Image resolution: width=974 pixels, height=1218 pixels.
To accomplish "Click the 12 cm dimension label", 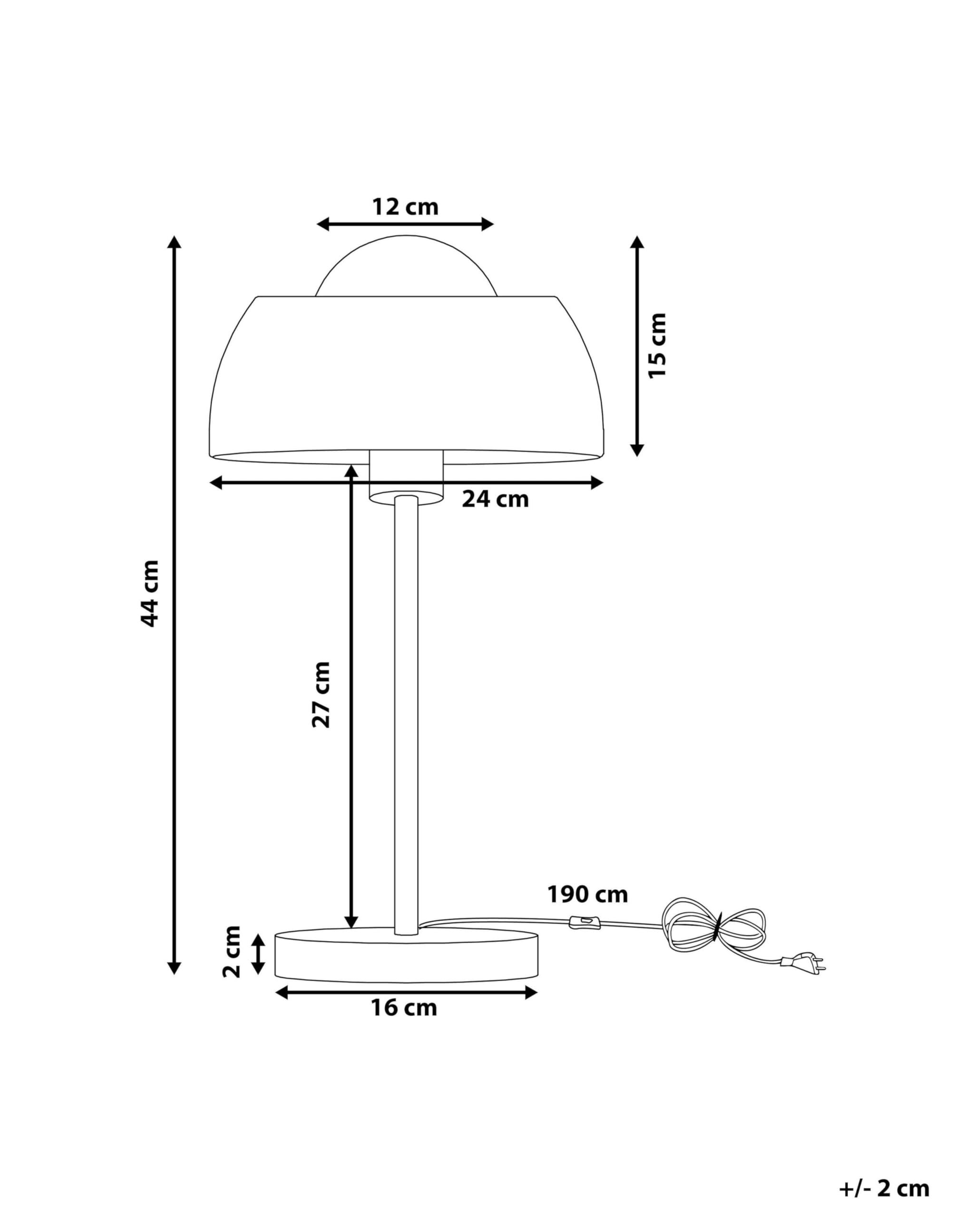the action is click(x=405, y=207).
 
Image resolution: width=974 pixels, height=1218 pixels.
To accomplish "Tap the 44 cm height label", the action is click(x=150, y=594).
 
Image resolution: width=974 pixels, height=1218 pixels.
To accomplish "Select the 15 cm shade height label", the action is click(x=657, y=346).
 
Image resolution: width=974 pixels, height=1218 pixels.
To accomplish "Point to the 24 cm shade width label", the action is click(x=495, y=500).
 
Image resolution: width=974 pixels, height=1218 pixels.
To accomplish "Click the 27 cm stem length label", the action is click(x=321, y=695).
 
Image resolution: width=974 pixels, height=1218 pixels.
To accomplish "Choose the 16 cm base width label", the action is click(x=404, y=1008).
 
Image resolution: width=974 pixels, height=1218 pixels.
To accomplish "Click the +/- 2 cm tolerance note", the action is click(x=884, y=1189).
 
